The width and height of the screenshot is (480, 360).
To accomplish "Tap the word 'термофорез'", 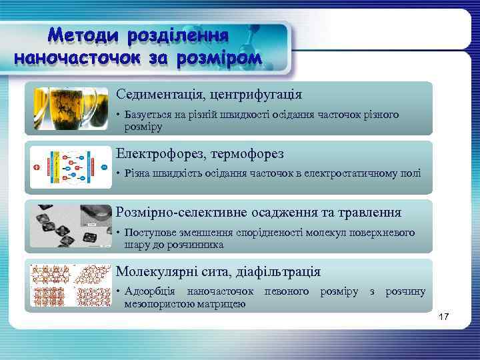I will click(x=247, y=154).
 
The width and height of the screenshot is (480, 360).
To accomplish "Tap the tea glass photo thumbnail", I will click(x=71, y=107).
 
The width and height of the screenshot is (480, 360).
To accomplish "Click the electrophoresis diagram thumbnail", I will click(x=71, y=167).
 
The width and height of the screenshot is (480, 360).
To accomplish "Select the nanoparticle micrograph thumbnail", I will click(x=71, y=225).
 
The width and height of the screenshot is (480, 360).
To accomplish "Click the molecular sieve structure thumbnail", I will click(x=71, y=285).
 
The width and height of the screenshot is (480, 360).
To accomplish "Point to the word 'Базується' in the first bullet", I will click(x=143, y=115).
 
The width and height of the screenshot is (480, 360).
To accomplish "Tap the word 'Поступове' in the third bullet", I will click(x=146, y=233).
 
